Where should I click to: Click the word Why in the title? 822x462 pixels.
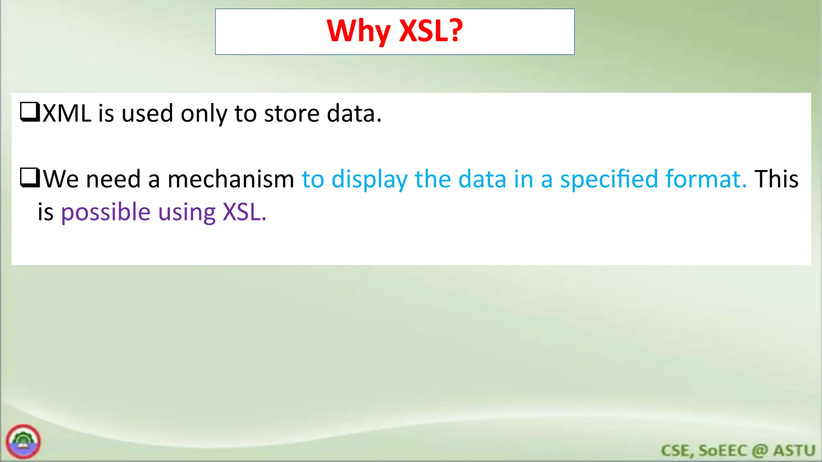(358, 31)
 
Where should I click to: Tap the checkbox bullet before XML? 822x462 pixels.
(30, 112)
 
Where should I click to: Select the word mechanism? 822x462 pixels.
(231, 179)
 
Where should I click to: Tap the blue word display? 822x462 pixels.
(369, 179)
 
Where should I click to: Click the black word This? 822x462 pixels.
(776, 179)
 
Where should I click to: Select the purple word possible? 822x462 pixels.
(106, 212)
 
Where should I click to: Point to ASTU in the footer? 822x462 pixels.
(794, 450)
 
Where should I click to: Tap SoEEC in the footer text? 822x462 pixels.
(722, 450)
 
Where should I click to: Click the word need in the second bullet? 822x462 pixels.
(113, 179)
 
